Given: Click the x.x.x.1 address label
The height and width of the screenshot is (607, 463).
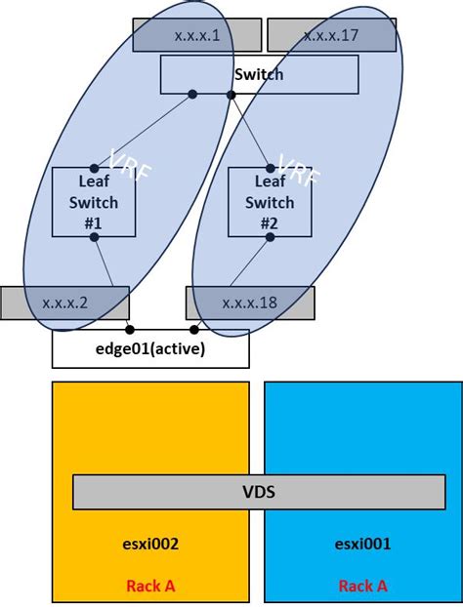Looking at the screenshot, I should (x=197, y=35).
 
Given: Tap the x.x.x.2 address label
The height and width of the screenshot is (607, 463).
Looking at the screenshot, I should (x=65, y=303).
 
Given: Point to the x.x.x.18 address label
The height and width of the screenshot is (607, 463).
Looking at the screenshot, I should (x=250, y=303).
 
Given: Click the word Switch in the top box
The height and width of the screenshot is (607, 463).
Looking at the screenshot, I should (x=259, y=73).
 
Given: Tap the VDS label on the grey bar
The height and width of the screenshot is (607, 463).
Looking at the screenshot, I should (x=259, y=492).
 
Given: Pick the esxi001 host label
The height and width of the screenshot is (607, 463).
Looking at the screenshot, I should (x=362, y=544).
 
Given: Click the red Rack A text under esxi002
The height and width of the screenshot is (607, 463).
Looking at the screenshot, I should (x=150, y=586).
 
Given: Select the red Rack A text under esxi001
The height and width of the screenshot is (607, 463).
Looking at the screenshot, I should (x=363, y=586).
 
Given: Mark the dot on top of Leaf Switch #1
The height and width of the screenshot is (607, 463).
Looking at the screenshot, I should (x=94, y=168).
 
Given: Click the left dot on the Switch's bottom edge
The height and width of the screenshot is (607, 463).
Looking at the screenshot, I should (x=192, y=95).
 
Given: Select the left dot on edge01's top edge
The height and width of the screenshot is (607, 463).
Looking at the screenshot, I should (x=130, y=330).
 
